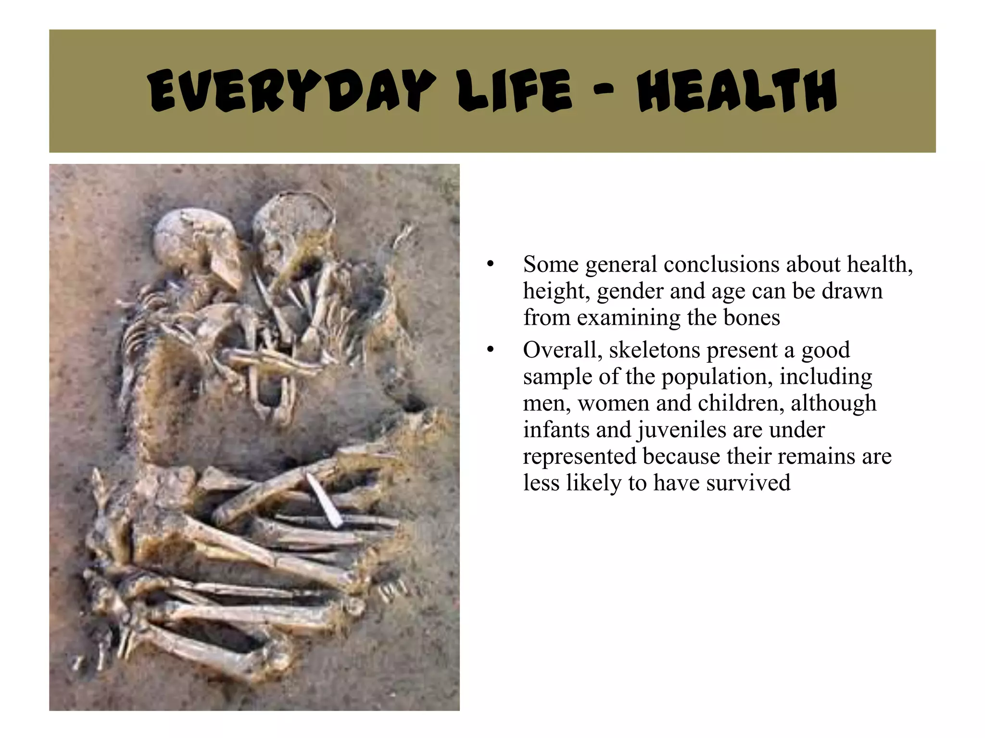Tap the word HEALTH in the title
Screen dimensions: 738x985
tap(737, 90)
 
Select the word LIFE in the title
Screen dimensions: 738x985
tap(515, 90)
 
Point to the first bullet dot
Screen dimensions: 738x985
tap(490, 264)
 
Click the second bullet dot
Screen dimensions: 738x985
tap(490, 350)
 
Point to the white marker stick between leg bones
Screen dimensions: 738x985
tap(324, 500)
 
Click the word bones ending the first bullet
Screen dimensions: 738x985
tap(751, 318)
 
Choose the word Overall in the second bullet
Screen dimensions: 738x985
tap(563, 350)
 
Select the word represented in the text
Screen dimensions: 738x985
tap(580, 457)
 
